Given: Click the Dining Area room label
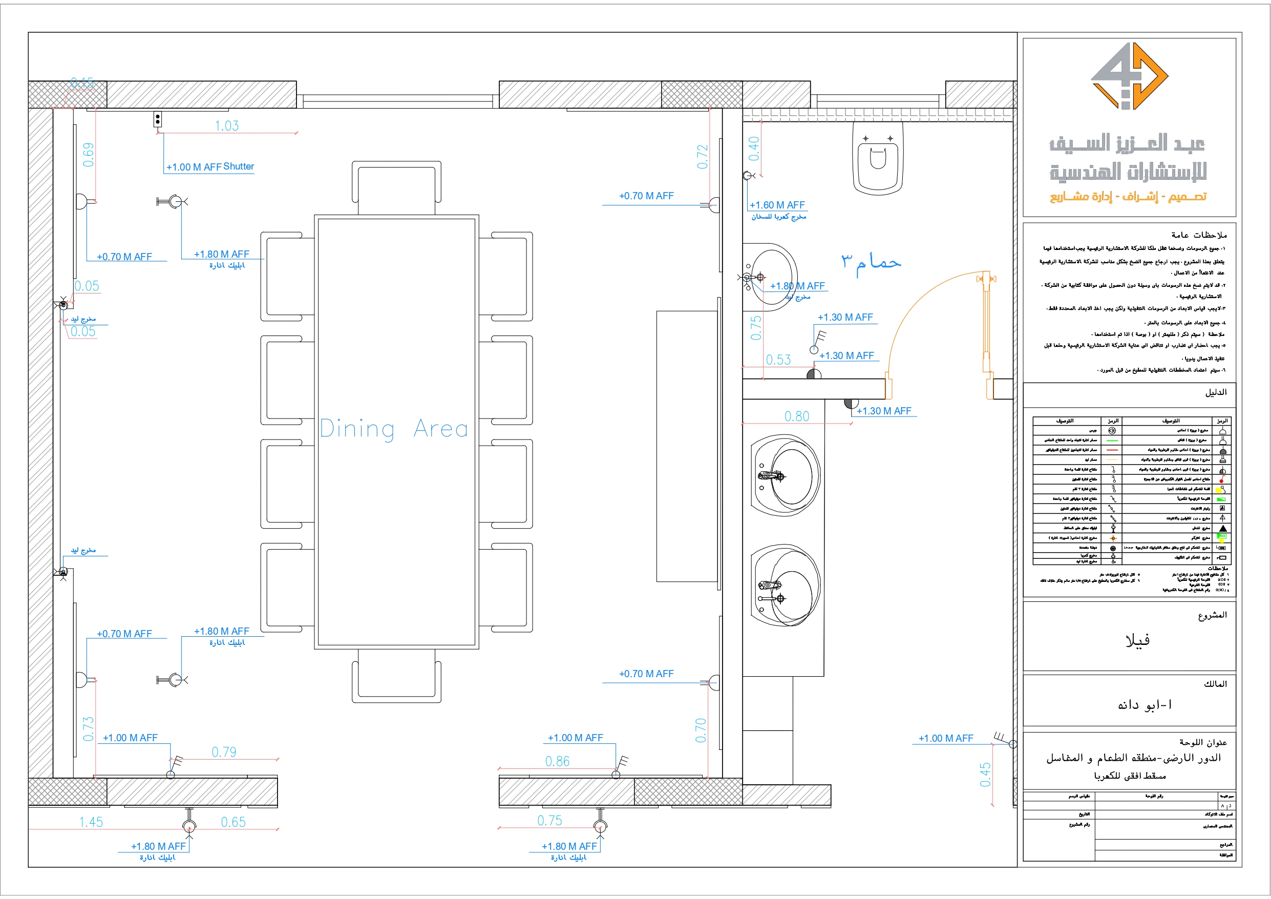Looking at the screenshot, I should pyautogui.click(x=394, y=429).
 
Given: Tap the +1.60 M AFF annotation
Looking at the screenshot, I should pyautogui.click(x=777, y=205).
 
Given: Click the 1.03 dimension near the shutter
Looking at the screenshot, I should pyautogui.click(x=227, y=126).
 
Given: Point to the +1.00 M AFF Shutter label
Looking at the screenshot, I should pyautogui.click(x=210, y=166).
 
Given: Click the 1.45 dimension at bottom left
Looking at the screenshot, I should pyautogui.click(x=91, y=822).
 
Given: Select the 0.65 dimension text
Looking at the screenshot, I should pyautogui.click(x=233, y=822).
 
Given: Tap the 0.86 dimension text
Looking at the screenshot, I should pyautogui.click(x=557, y=761).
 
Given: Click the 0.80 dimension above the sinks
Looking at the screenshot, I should pyautogui.click(x=797, y=416).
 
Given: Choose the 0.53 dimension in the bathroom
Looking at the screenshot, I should pyautogui.click(x=778, y=360).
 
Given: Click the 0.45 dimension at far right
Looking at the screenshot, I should pyautogui.click(x=985, y=775).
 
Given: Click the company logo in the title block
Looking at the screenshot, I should pyautogui.click(x=1129, y=76).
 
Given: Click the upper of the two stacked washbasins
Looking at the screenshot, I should pyautogui.click(x=785, y=475).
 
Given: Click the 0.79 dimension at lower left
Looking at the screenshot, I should pyautogui.click(x=224, y=751).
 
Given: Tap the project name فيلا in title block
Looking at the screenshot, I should pyautogui.click(x=1137, y=640).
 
